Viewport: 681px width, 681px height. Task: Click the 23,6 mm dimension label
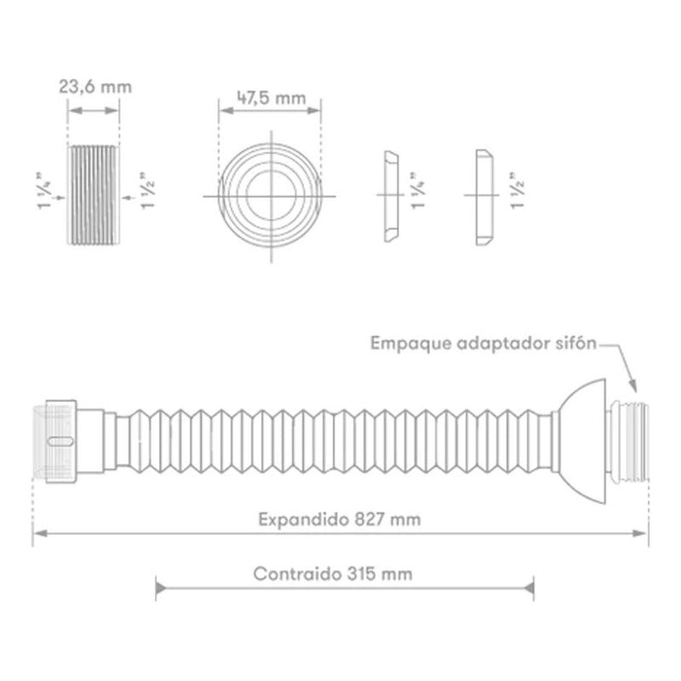point(95,87)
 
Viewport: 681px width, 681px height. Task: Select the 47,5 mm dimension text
point(271,98)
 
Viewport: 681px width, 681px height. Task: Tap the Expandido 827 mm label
point(339,519)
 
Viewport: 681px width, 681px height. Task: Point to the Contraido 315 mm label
point(333,574)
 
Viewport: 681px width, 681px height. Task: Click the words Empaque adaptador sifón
point(484,344)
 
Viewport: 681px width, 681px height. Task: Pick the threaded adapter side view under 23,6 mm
point(94,195)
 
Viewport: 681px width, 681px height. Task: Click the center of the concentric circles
point(272,196)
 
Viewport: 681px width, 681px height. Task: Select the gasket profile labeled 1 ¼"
point(391,197)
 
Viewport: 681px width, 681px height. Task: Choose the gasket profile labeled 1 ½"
point(484,197)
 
